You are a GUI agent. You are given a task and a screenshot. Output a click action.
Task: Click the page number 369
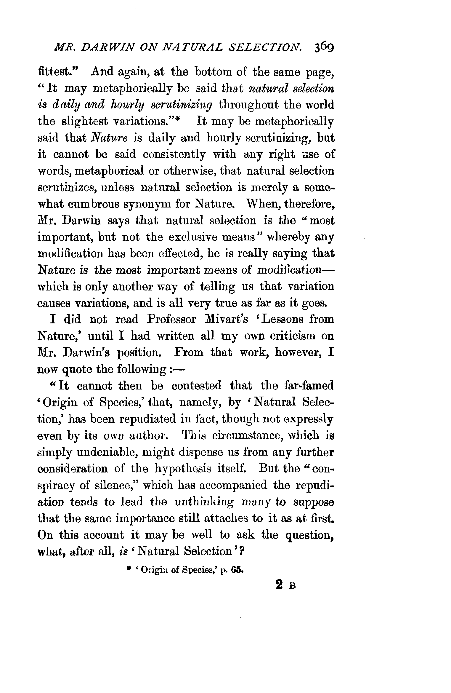pos(323,47)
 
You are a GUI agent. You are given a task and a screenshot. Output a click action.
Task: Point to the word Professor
pos(171,319)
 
